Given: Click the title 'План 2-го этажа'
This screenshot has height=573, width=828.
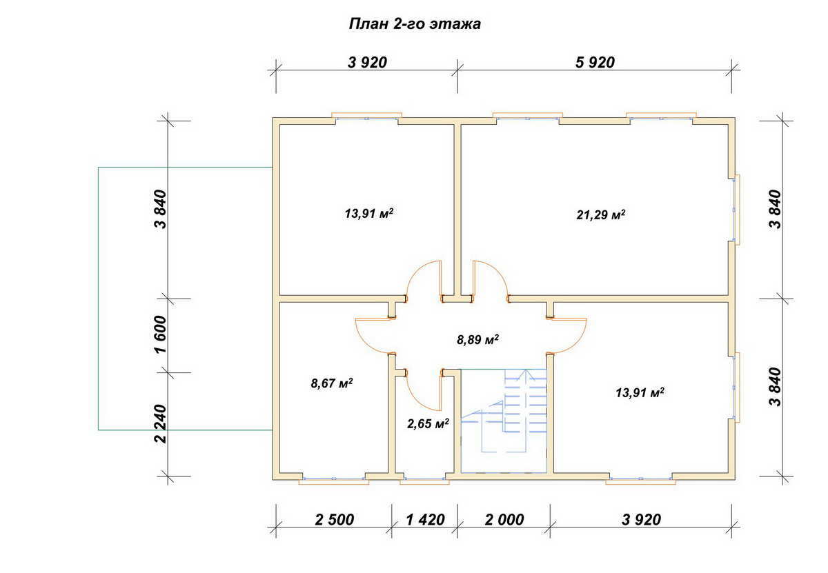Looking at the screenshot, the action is coord(415,24).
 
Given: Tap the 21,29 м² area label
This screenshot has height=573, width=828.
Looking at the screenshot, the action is coord(601,214).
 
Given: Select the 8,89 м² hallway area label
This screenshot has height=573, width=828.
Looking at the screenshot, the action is coord(477,339).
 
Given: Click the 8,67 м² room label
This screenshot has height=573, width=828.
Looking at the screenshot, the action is coord(332,383).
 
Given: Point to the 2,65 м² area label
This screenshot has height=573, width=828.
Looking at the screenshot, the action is coord(428,423).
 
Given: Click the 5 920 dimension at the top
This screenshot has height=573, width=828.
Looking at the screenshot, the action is coord(595,63).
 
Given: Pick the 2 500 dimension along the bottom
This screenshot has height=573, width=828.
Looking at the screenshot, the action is coord(334,520).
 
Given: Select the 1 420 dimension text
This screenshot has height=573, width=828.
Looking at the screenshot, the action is coord(425,520).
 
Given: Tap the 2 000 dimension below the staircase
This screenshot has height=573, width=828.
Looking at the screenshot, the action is coord(504,520).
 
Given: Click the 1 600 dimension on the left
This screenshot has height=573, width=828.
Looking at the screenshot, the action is coord(161,334).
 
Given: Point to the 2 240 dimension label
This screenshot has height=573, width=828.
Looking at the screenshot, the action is coord(161,424).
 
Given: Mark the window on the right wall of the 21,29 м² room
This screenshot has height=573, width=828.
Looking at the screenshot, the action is coord(736,210).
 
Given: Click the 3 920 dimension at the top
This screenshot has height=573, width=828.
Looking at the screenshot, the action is coord(367,63).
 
